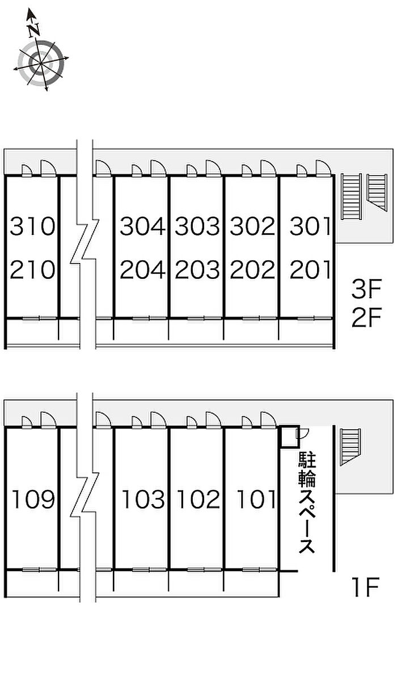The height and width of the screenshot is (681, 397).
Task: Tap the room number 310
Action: [33, 227]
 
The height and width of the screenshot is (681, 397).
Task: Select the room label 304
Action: [142, 227]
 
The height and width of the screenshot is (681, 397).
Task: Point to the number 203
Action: [197, 270]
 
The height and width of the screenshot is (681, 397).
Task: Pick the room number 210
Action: [33, 270]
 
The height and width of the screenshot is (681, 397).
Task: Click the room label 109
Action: [33, 500]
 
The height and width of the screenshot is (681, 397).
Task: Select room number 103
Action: [144, 500]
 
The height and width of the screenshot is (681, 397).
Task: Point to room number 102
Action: [198, 500]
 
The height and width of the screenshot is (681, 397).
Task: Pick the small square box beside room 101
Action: [288, 436]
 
